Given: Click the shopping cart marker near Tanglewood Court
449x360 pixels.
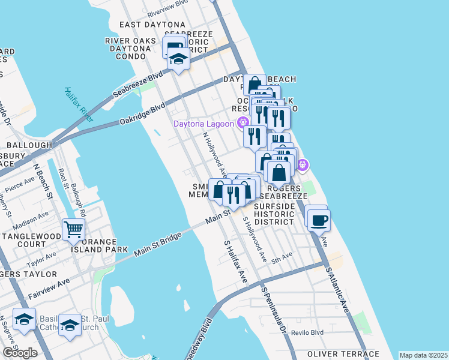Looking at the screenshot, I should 73,229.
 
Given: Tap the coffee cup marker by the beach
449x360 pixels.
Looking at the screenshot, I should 318,219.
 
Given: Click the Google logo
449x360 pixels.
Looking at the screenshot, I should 20,353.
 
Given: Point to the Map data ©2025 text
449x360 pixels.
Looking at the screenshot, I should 423,355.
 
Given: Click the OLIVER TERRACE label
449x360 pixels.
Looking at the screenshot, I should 343,354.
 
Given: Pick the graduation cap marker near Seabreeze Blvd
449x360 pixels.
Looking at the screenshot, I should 178,59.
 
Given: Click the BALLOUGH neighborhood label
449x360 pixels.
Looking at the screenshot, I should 29,145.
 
